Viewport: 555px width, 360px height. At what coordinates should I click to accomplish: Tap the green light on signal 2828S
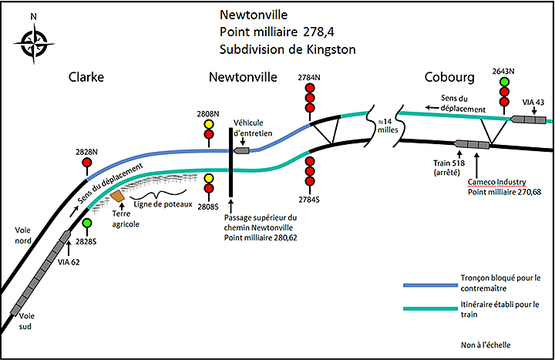[87, 224]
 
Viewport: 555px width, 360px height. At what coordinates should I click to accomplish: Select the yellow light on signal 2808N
[208, 123]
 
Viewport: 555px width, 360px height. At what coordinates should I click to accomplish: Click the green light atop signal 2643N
[505, 82]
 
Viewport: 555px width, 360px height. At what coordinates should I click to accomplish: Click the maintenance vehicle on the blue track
[242, 150]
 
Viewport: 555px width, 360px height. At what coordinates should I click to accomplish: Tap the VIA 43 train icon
[529, 119]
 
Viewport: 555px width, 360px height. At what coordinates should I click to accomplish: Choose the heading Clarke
[86, 78]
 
